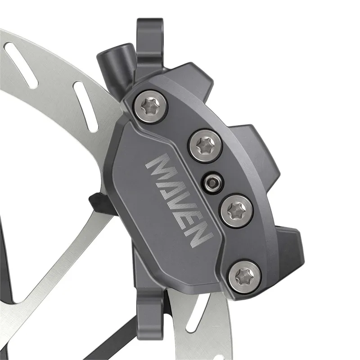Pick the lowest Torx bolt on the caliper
tap(245, 274)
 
